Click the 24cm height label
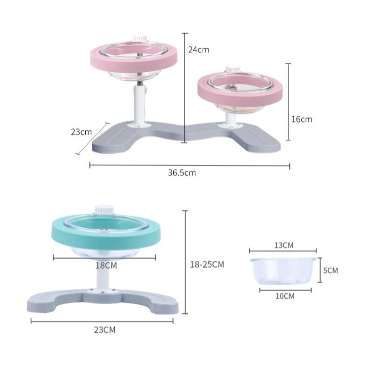(199, 50)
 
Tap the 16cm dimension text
(302, 119)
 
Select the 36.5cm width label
(182, 173)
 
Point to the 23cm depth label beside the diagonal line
(81, 132)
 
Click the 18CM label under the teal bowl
(106, 265)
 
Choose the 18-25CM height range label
(207, 264)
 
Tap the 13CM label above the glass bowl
(284, 245)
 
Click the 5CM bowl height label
(331, 270)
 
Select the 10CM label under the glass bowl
(285, 296)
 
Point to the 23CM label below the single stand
(105, 330)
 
